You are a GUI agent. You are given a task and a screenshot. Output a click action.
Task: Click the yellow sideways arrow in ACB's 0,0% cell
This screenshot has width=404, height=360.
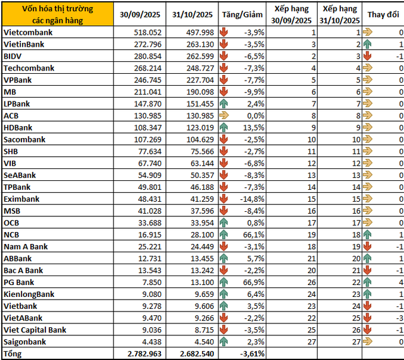tap(224, 116)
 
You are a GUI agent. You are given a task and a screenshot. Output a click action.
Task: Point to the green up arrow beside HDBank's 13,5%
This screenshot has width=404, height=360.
tap(224, 127)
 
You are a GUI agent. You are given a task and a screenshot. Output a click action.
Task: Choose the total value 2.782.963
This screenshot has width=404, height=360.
tap(138, 354)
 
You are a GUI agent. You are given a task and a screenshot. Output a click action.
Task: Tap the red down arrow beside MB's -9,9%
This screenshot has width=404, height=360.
tap(224, 92)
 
